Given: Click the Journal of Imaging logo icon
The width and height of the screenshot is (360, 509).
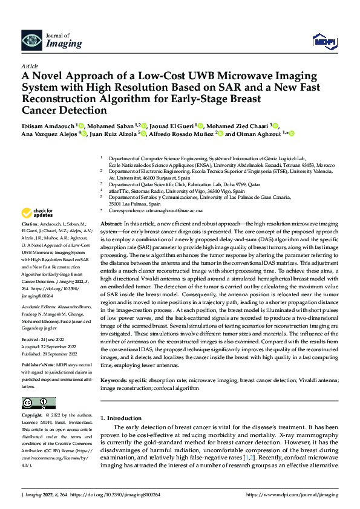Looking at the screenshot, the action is (x=28, y=41).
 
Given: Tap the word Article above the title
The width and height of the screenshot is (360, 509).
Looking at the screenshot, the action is (x=29, y=66).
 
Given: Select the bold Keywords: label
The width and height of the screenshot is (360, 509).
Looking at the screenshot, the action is (x=118, y=381).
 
